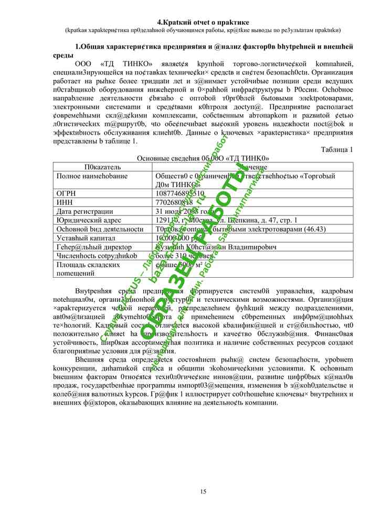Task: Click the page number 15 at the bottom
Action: [x=203, y=491]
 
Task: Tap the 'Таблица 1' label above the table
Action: [x=336, y=150]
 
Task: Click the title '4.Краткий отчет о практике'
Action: [x=203, y=22]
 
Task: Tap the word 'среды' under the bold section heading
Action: [x=63, y=55]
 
